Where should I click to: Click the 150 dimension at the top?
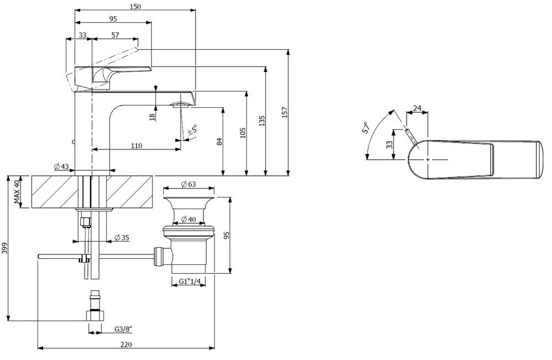[135, 6]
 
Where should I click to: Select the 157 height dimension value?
[285, 112]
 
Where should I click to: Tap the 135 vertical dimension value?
[262, 121]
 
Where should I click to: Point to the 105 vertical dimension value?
[242, 133]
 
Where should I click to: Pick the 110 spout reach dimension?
[136, 145]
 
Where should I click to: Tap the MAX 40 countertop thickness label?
[17, 192]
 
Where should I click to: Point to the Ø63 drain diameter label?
[188, 184]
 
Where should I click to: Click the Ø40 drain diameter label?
[188, 220]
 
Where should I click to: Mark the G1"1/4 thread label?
[188, 282]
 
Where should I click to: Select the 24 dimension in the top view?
[417, 108]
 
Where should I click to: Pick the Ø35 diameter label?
[122, 238]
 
